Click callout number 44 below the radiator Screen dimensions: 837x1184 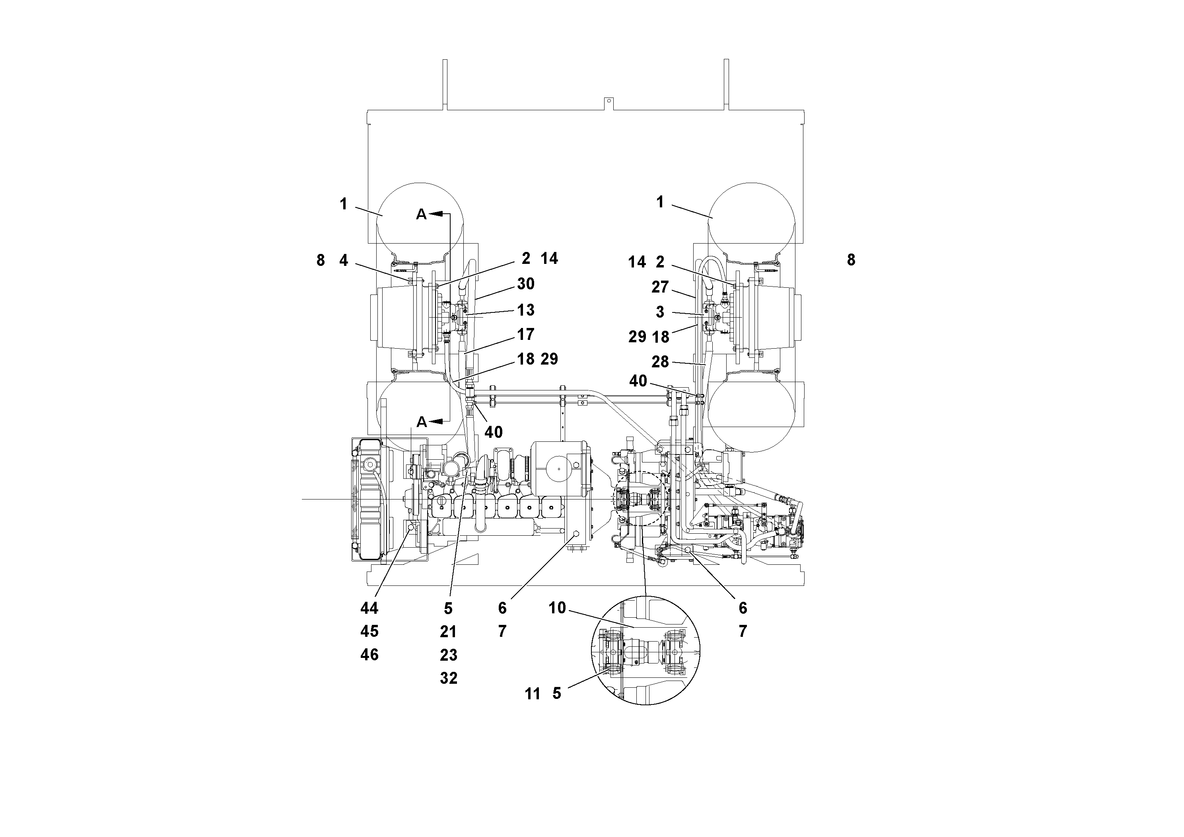(x=369, y=609)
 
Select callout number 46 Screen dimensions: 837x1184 (x=369, y=655)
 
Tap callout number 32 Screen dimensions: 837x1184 (x=448, y=678)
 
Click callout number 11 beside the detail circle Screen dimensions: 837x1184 (x=532, y=694)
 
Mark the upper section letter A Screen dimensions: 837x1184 (x=421, y=214)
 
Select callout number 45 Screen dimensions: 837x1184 (x=369, y=632)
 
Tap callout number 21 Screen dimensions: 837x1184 (x=448, y=632)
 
